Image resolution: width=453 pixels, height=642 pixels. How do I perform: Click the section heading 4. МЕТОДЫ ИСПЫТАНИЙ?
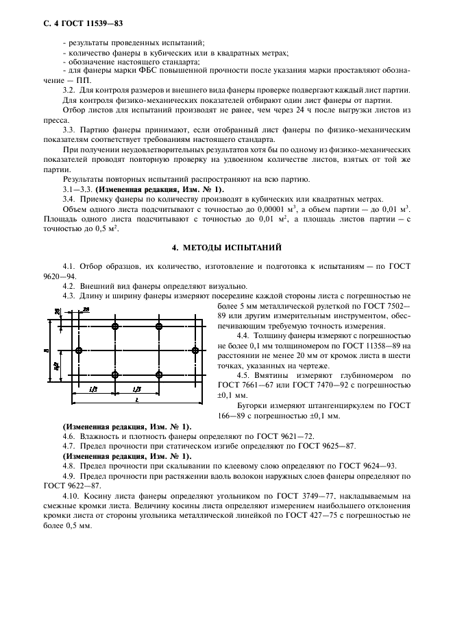tap(227, 246)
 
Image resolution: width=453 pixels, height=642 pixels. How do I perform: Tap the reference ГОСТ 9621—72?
tap(293, 436)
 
